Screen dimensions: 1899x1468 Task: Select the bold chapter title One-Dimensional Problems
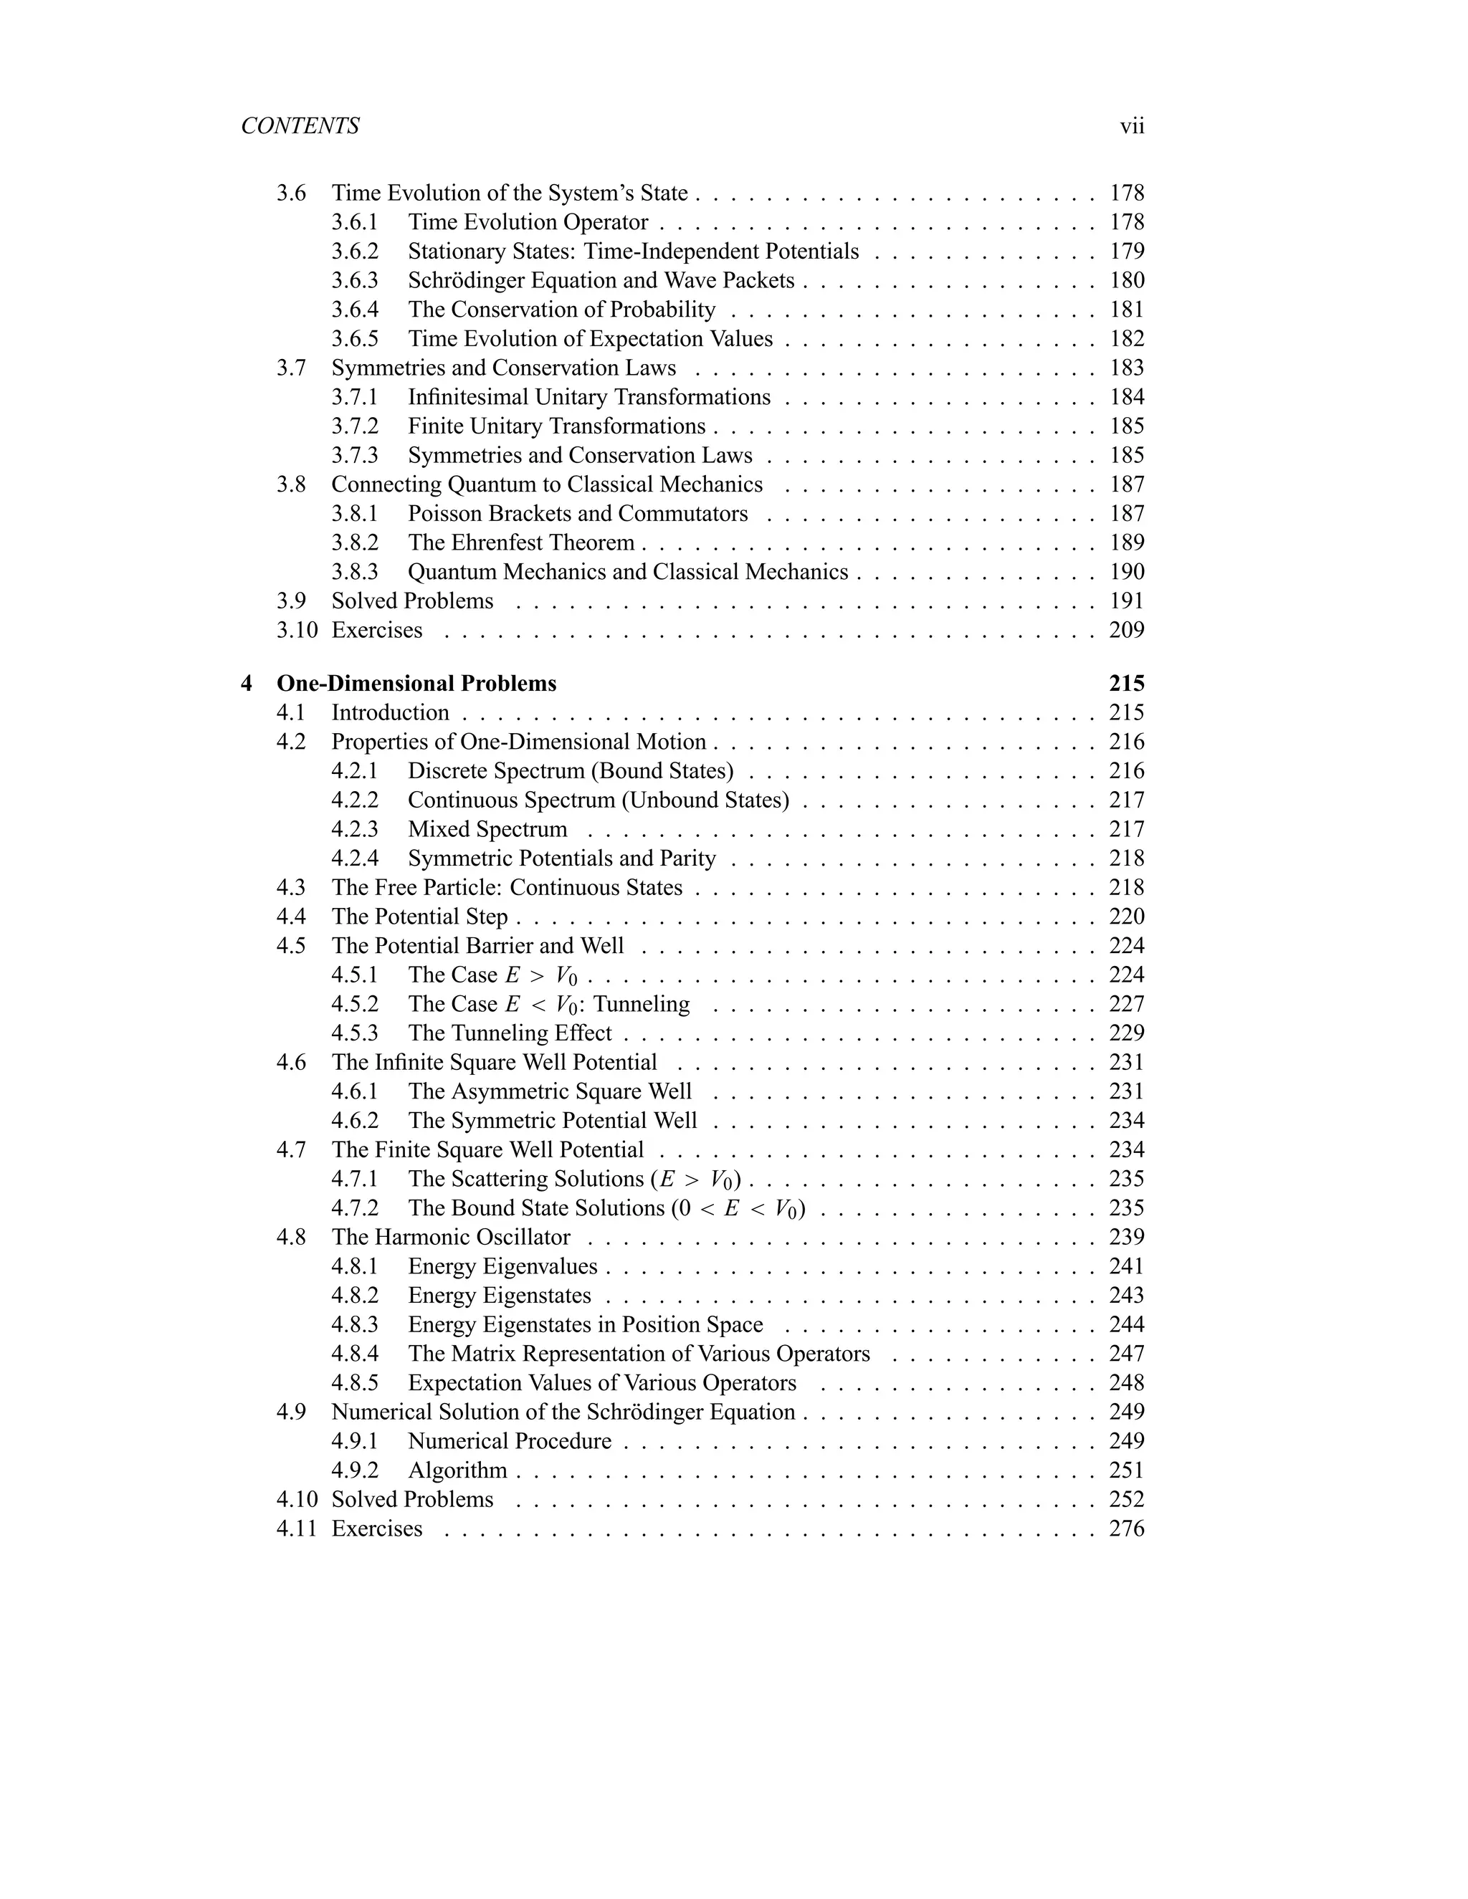click(x=416, y=684)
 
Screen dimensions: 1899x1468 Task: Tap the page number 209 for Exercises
click(x=1126, y=631)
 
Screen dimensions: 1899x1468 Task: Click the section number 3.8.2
click(x=355, y=542)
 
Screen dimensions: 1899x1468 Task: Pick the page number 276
click(x=1126, y=1529)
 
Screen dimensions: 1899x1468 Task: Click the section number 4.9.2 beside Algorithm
click(x=355, y=1470)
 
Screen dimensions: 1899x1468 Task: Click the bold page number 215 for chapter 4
click(x=1126, y=684)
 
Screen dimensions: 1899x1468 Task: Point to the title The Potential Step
click(x=419, y=917)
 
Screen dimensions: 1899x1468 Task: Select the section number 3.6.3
click(x=355, y=281)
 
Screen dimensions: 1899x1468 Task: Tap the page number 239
click(x=1126, y=1238)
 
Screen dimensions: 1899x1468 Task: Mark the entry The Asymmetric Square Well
click(x=550, y=1091)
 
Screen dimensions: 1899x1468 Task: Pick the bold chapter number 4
click(x=247, y=684)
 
